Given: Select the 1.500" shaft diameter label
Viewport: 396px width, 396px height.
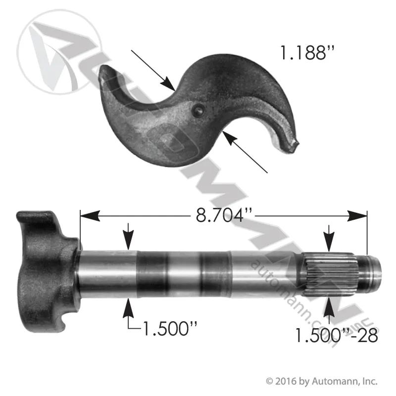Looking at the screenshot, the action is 169,328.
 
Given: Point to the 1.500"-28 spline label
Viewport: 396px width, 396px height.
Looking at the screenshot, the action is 337,336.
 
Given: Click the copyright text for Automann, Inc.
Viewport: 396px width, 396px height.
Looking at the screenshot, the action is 322,381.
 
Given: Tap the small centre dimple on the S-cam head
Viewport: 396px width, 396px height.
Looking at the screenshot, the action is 198,110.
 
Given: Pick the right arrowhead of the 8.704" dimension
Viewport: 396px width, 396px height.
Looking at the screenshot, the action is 357,216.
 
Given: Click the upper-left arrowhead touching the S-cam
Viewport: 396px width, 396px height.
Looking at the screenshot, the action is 168,84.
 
